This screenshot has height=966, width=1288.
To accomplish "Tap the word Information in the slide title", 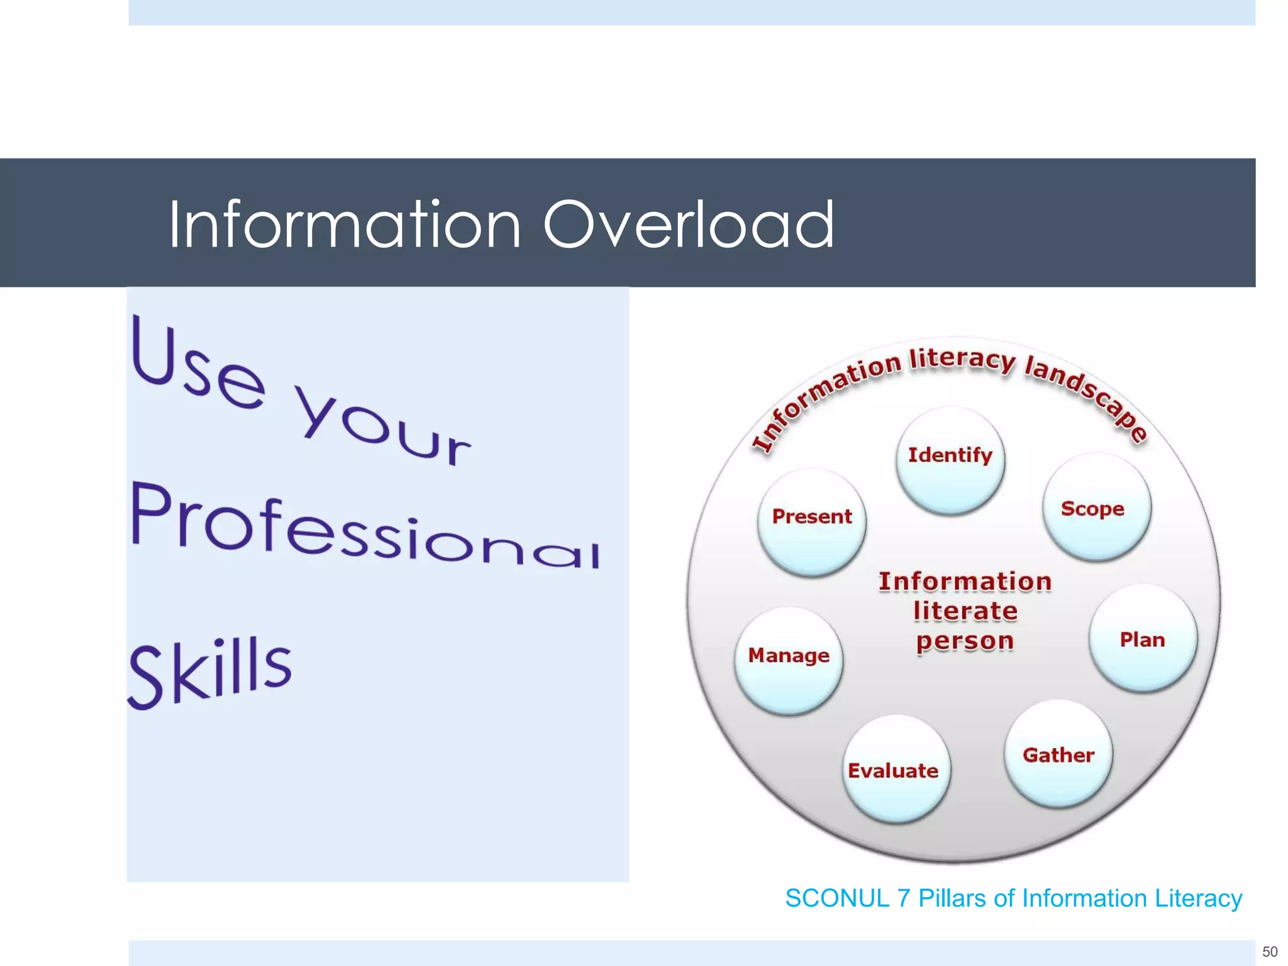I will [x=345, y=225].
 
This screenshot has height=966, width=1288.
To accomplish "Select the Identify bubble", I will [x=950, y=459].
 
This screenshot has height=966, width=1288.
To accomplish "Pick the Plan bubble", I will [x=1143, y=639].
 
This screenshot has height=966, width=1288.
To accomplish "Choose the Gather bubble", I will [x=1058, y=754].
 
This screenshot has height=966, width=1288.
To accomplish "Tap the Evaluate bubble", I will [x=895, y=769].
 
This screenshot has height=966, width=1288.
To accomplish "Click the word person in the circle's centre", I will [x=965, y=641].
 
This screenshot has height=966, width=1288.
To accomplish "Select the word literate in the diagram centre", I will [x=965, y=611].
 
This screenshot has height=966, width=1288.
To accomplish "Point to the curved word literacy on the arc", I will [x=962, y=359].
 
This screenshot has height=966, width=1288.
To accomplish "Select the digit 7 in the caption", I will [x=904, y=898].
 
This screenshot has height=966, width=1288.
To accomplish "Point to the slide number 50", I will [x=1270, y=952].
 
